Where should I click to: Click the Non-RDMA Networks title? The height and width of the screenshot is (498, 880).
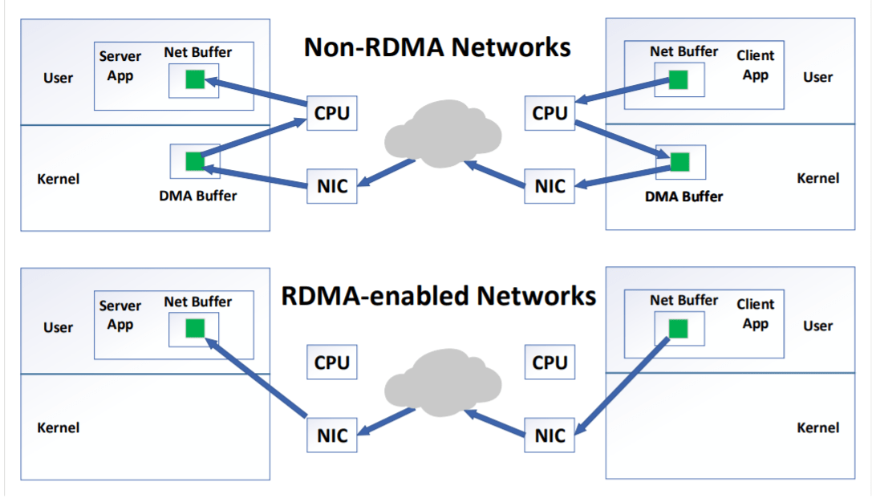[437, 47]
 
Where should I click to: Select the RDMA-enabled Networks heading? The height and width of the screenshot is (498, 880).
[438, 296]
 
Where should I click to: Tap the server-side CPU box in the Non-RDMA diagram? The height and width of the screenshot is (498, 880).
[332, 113]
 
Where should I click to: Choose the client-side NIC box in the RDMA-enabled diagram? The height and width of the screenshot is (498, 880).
[549, 435]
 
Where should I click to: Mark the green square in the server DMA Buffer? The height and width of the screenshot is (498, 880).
[195, 161]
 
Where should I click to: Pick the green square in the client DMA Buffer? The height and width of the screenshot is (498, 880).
[680, 162]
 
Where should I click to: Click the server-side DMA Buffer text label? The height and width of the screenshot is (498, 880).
[198, 195]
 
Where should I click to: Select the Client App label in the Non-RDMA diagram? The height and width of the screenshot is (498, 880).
[756, 65]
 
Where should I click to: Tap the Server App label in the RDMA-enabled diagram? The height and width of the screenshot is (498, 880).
[120, 314]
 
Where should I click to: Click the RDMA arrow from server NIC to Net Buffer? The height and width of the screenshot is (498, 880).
[257, 377]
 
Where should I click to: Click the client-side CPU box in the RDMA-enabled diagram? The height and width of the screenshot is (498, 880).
[549, 362]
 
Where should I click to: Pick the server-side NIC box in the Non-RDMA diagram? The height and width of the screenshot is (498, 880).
[332, 186]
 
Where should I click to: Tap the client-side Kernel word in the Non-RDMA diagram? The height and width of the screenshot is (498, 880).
[817, 178]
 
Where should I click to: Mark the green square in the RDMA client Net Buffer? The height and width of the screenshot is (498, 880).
[679, 327]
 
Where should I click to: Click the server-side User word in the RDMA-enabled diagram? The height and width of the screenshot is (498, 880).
[58, 327]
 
